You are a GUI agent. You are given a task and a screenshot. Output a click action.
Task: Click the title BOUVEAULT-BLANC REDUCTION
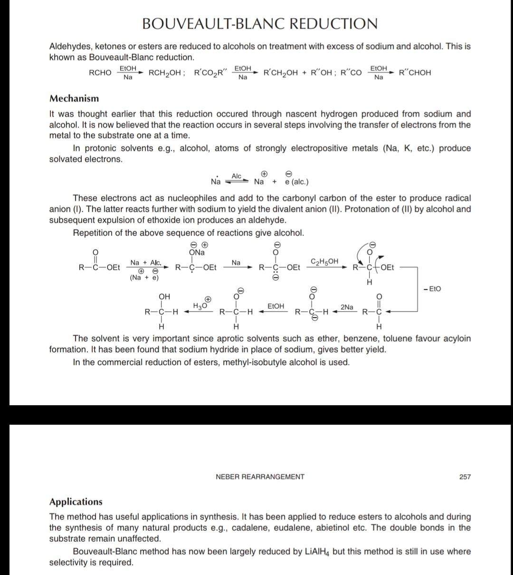pyautogui.click(x=260, y=24)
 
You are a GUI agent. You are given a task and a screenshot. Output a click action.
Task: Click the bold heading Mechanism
pyautogui.click(x=74, y=99)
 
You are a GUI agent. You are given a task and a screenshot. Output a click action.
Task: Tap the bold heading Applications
pyautogui.click(x=76, y=502)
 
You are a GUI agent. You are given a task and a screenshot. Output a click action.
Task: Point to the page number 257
pyautogui.click(x=465, y=477)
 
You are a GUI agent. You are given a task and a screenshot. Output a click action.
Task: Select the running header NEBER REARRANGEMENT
pyautogui.click(x=260, y=477)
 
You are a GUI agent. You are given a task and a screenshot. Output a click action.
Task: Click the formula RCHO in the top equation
pyautogui.click(x=100, y=73)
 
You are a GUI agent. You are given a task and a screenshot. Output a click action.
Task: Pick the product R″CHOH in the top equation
pyautogui.click(x=415, y=73)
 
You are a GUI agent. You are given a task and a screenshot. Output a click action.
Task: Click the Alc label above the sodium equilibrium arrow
pyautogui.click(x=237, y=176)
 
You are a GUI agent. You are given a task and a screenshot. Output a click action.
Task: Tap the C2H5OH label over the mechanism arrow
pyautogui.click(x=324, y=261)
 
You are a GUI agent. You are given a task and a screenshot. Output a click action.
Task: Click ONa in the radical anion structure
pyautogui.click(x=196, y=253)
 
